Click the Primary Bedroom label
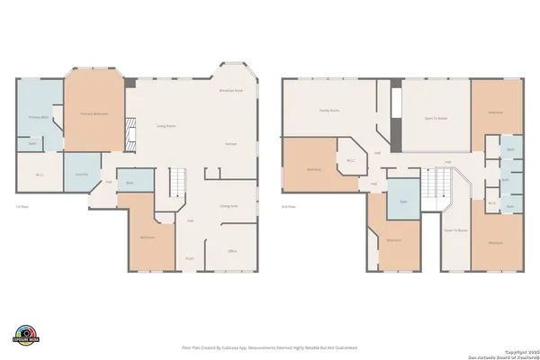click(94, 114)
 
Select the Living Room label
click(166, 126)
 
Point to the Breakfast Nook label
click(229, 91)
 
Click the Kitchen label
click(230, 144)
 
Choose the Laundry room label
click(81, 175)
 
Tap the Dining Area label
click(229, 206)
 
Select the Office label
click(231, 250)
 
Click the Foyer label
click(190, 258)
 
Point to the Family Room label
click(328, 110)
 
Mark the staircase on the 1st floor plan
click(180, 184)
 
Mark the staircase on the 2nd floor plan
click(437, 186)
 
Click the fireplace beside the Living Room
click(130, 136)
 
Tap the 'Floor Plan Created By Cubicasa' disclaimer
click(270, 346)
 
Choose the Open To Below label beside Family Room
click(436, 118)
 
